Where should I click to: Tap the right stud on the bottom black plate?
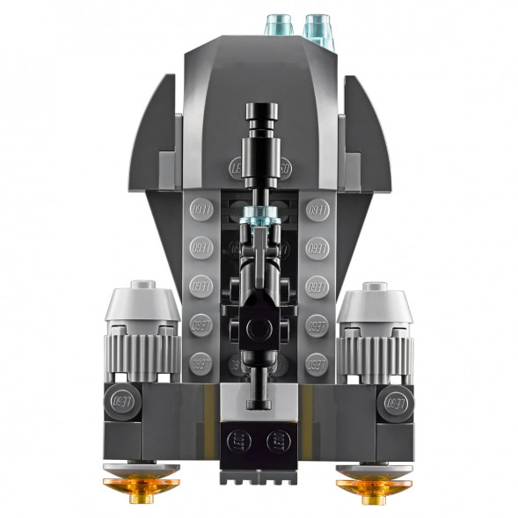(277, 440)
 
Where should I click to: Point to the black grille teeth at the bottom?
(259, 475)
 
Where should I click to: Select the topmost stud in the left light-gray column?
(199, 210)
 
